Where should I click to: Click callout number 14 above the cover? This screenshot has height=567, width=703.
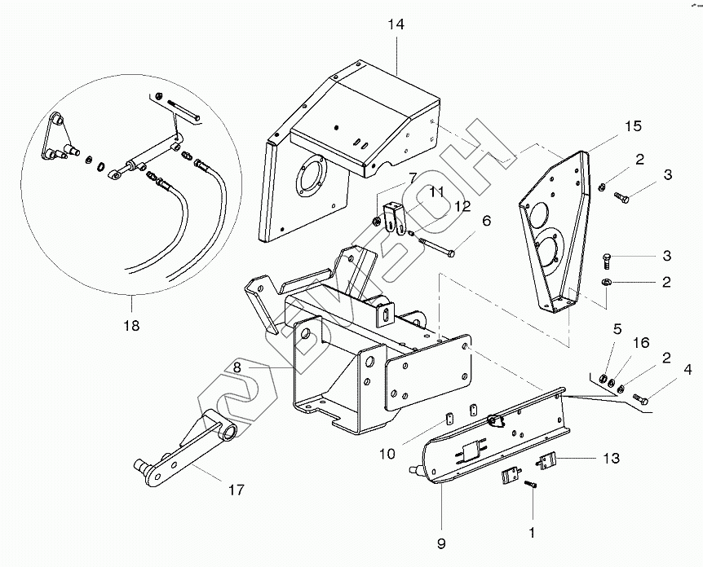click(396, 24)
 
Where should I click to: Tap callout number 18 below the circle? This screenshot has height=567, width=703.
click(131, 325)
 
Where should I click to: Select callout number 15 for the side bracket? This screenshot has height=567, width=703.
click(633, 125)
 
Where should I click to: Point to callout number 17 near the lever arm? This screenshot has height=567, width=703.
click(237, 490)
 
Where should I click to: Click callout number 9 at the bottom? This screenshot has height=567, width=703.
click(441, 543)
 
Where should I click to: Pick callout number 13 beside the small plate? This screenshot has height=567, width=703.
click(611, 458)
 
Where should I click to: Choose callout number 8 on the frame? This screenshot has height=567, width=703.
click(237, 367)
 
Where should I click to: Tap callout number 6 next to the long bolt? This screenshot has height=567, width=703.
click(487, 220)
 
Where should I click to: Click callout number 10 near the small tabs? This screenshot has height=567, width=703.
click(387, 454)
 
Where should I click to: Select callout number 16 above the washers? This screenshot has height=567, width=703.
click(641, 343)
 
